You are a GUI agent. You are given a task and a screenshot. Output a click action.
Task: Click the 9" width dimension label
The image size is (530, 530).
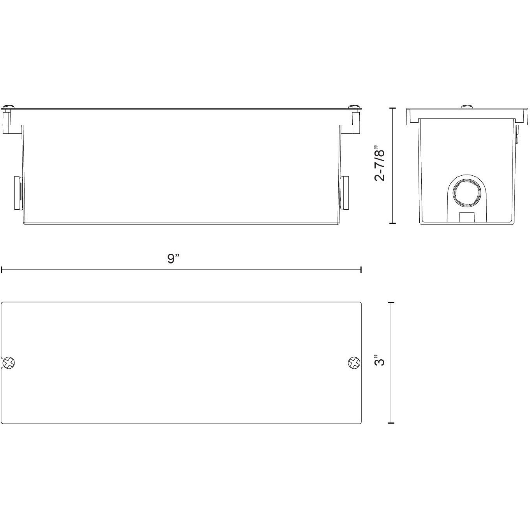(x=173, y=258)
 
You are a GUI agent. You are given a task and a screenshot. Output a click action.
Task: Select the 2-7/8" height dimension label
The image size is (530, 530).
(x=380, y=164)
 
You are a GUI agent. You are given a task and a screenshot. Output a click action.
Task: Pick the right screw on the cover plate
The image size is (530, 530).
(x=353, y=363)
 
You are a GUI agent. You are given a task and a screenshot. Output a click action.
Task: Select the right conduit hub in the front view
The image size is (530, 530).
(x=344, y=193)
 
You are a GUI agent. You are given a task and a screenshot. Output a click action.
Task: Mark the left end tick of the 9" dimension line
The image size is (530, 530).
(x=2, y=269)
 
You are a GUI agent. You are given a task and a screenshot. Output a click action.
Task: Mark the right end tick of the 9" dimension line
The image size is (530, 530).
(x=361, y=269)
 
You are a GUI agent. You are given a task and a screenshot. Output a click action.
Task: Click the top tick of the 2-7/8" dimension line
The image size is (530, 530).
(x=392, y=108)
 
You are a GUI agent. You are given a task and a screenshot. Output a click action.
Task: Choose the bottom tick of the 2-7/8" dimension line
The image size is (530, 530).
(x=392, y=223)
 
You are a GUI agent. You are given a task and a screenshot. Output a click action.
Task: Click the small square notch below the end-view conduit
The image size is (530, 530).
(x=466, y=217)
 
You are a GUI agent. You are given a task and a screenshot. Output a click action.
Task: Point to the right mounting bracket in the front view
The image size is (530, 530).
(x=355, y=122)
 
